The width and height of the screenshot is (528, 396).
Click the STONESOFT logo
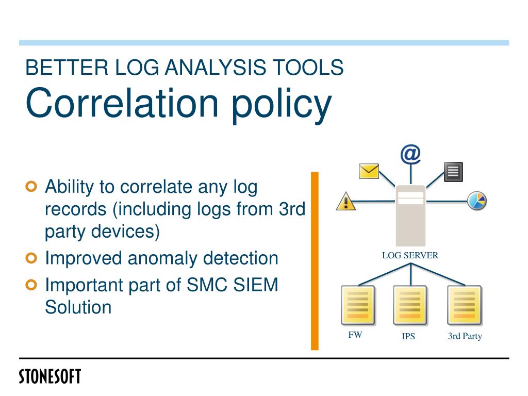(50, 376)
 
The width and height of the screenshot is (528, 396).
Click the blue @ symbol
(410, 154)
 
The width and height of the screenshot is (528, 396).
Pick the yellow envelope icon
(369, 171)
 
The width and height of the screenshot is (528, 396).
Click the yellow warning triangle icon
(346, 201)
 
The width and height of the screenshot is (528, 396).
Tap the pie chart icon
(477, 201)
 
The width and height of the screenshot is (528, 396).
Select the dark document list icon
(453, 172)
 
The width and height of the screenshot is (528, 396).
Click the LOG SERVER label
(410, 255)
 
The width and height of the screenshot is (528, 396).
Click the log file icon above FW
(358, 305)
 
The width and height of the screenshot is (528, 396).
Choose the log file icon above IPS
(410, 305)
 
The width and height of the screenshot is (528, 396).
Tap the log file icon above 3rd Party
(464, 305)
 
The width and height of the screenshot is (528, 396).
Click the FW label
(355, 335)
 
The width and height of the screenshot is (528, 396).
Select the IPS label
(408, 337)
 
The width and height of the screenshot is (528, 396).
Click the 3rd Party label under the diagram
(465, 336)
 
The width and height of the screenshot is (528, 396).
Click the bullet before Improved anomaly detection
(32, 258)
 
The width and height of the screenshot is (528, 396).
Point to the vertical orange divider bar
(315, 261)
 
